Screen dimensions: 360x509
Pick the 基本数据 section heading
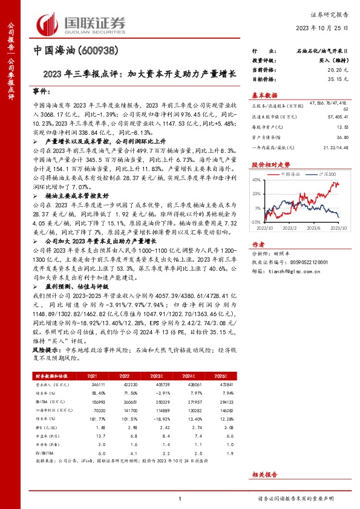264,95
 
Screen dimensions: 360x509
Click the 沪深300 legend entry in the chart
327,173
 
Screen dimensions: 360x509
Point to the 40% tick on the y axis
257,180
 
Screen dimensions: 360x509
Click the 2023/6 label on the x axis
313,229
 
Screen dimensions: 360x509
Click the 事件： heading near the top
41,92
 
